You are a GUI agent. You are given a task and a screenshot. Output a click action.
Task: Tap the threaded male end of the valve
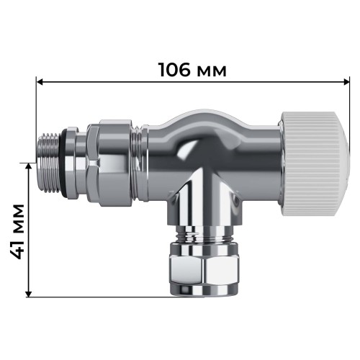click(50, 163)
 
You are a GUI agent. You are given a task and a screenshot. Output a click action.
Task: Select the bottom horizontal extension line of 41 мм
click(94, 296)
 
